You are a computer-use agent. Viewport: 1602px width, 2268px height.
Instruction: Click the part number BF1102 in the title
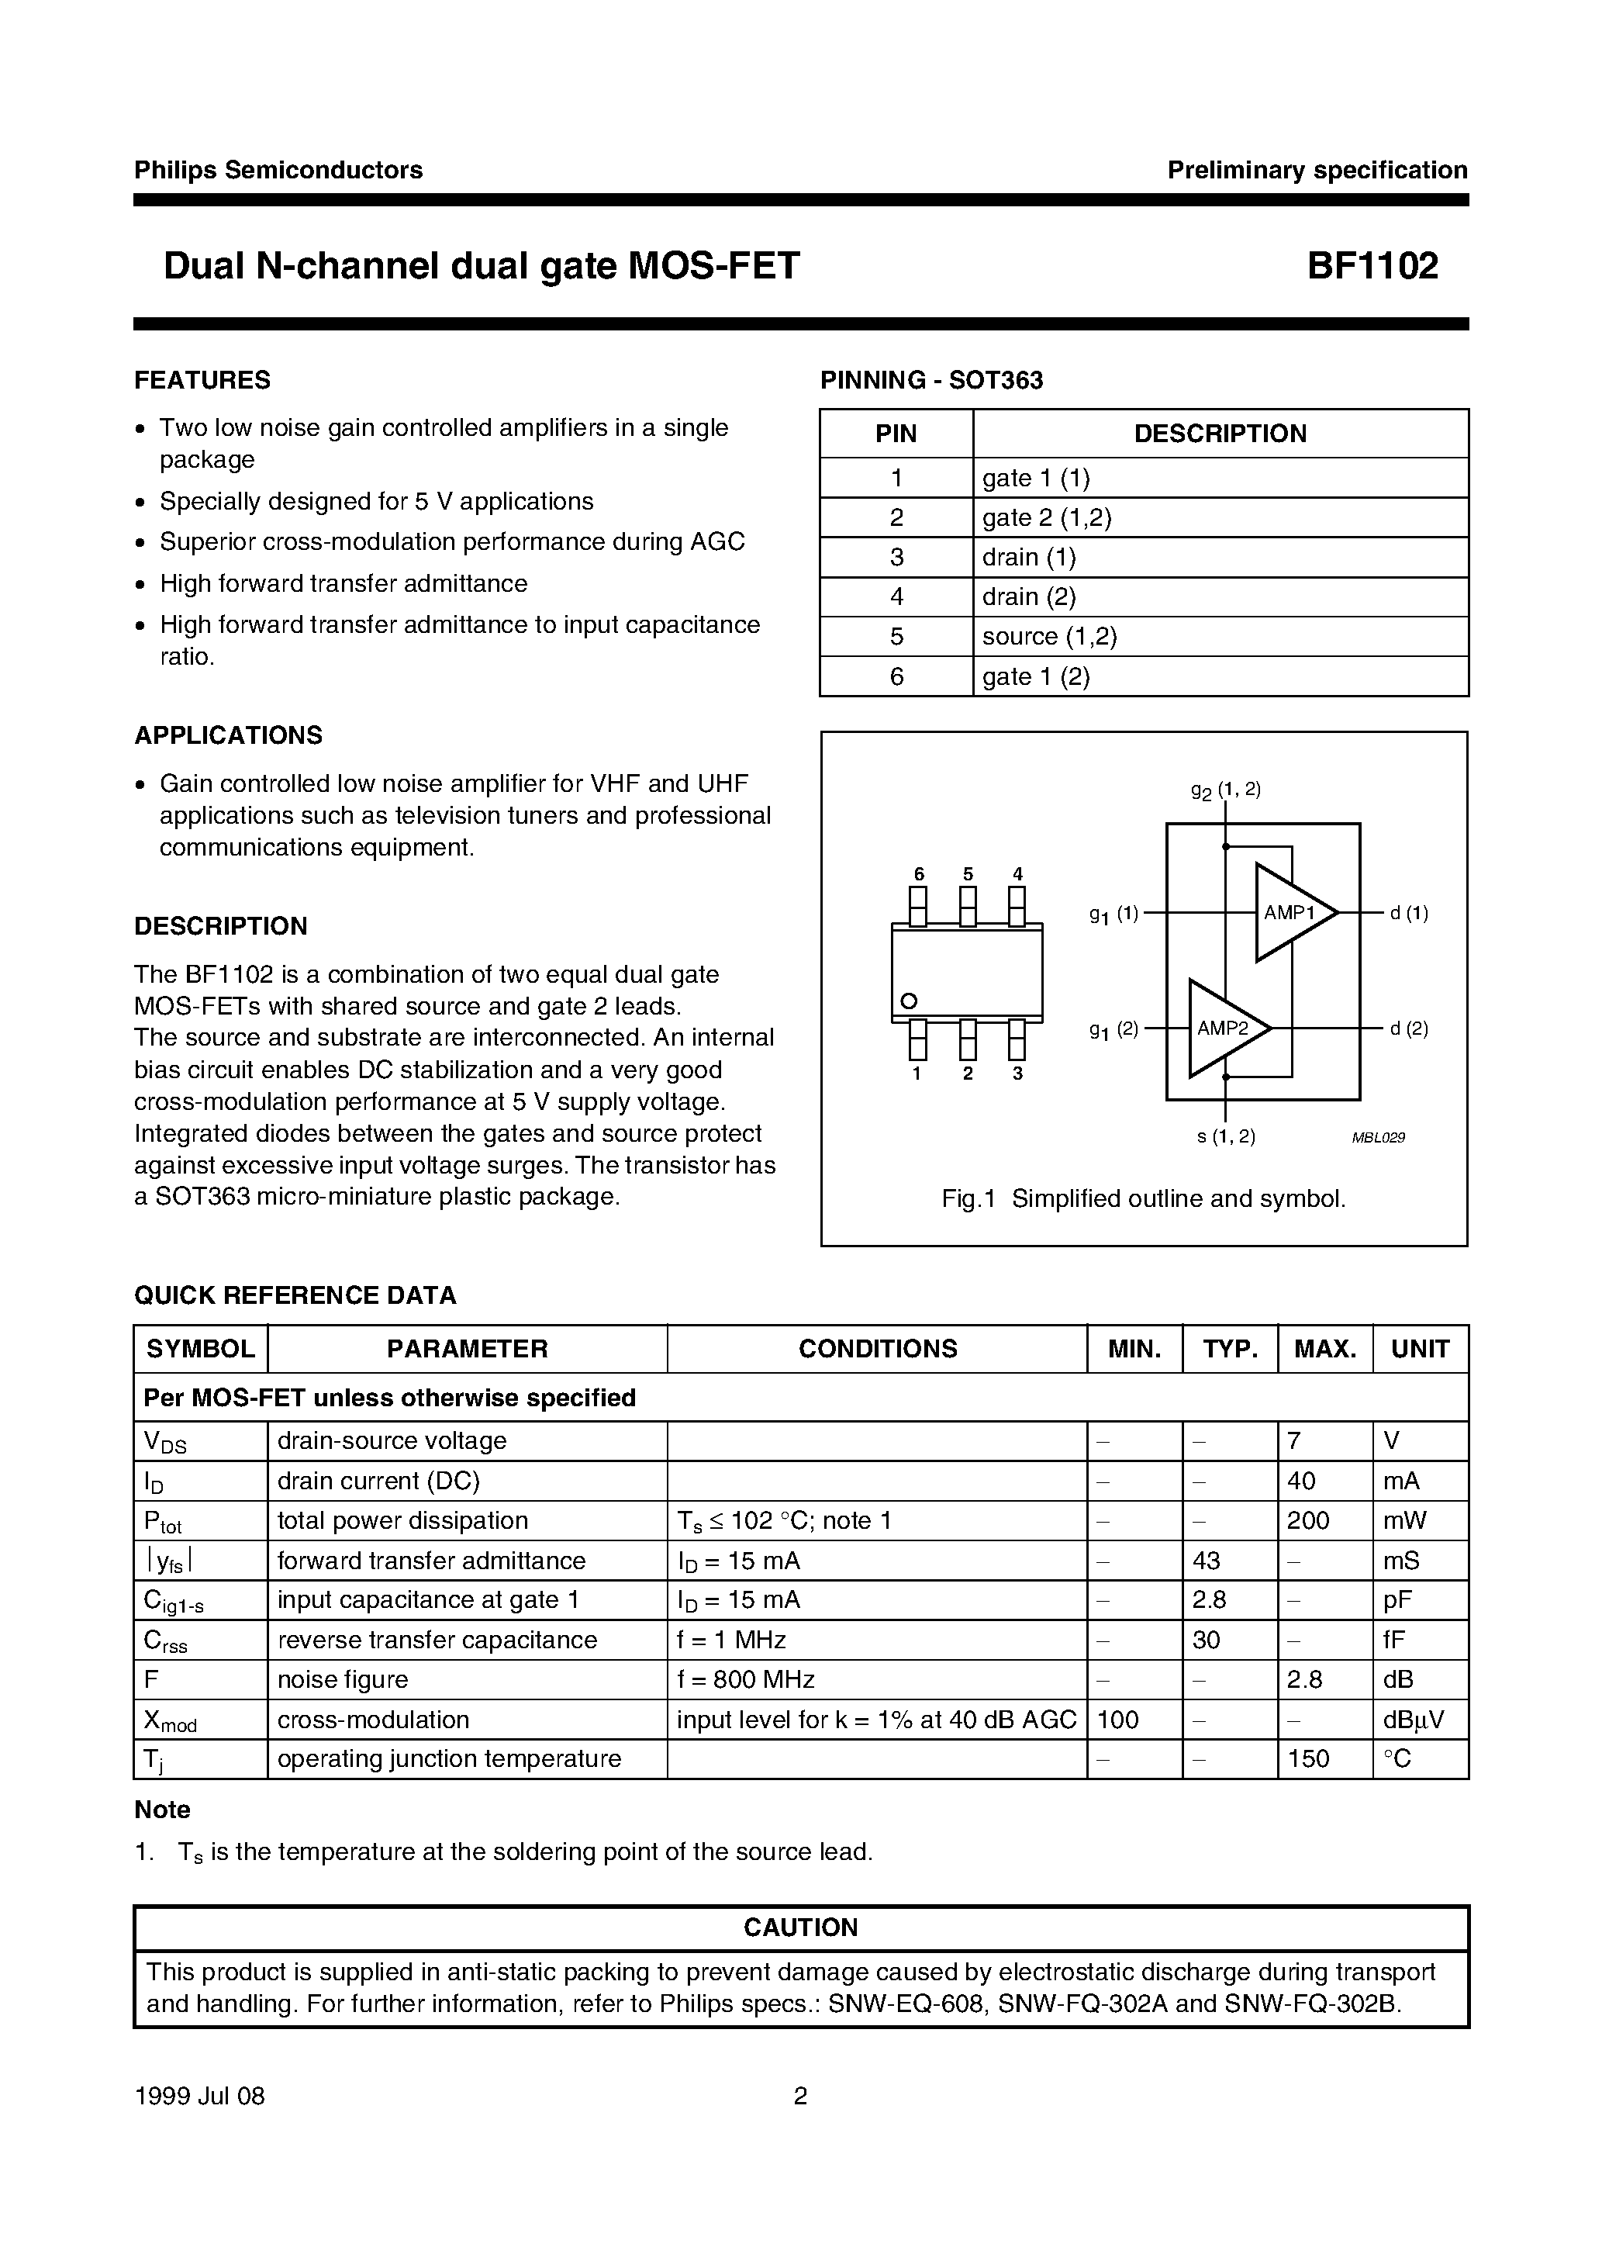pyautogui.click(x=1372, y=266)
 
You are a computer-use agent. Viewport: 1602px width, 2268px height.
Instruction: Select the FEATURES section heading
pyautogui.click(x=202, y=380)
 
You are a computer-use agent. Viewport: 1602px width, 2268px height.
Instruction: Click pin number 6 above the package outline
pyautogui.click(x=919, y=874)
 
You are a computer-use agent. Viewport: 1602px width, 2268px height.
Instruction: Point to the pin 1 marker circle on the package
pyautogui.click(x=909, y=1000)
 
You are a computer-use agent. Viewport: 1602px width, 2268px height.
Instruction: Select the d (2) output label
pyautogui.click(x=1408, y=1029)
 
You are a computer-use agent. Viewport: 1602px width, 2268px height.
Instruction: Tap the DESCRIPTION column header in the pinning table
pyautogui.click(x=1220, y=434)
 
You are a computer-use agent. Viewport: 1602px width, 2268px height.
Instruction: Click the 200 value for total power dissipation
pyautogui.click(x=1309, y=1520)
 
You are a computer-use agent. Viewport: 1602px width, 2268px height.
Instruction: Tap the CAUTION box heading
pyautogui.click(x=800, y=1927)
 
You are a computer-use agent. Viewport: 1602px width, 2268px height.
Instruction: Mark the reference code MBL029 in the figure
pyautogui.click(x=1378, y=1138)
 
